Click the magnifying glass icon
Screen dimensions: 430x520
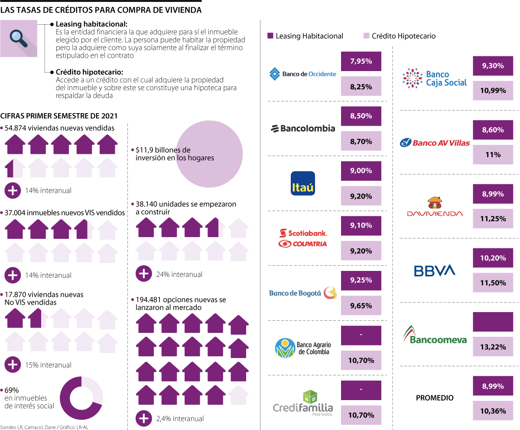19,39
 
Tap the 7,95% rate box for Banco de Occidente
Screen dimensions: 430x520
361,61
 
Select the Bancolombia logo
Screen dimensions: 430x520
303,128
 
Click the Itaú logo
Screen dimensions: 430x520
303,183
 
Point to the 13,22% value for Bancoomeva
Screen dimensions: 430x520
493,346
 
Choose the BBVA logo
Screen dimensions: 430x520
435,270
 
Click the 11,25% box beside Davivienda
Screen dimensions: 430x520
493,219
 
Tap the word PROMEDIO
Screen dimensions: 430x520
435,398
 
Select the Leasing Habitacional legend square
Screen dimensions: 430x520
271,36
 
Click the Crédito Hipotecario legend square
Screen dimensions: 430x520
367,36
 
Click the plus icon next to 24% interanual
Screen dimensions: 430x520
143,274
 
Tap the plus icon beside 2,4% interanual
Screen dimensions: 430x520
143,419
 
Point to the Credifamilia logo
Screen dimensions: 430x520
303,404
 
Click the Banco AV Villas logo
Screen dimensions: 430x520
435,142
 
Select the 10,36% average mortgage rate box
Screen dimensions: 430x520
493,411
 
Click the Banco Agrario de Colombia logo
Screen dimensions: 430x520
303,348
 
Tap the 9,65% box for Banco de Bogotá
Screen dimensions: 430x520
361,306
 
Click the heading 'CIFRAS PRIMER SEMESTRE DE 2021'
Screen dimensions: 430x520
59,116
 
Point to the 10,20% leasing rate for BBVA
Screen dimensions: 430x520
493,258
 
